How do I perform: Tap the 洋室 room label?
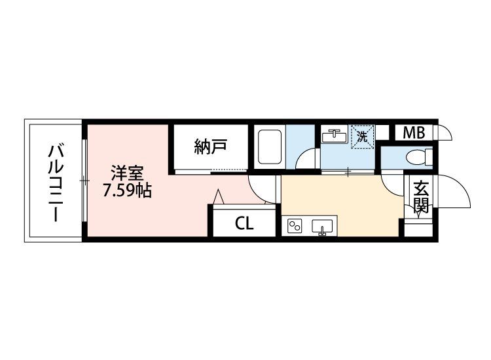127,173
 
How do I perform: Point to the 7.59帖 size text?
128,190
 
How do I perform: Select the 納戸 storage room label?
210,147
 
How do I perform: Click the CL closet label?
244,223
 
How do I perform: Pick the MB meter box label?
414,133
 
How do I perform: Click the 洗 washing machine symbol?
362,136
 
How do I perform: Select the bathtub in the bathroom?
270,147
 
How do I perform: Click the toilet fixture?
419,157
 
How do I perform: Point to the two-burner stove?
295,226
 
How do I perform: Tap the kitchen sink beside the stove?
322,227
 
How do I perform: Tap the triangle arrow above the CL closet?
218,196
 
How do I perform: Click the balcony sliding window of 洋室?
84,181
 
